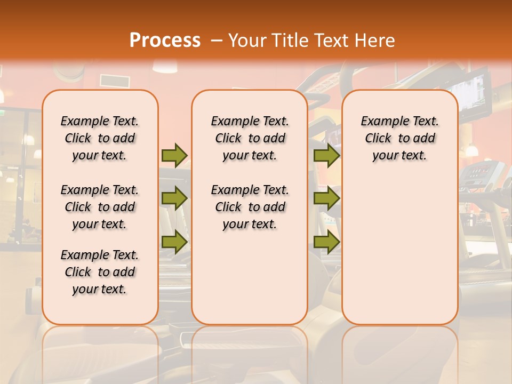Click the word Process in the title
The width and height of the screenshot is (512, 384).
coord(165,40)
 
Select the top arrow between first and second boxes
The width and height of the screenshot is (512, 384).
coord(174,155)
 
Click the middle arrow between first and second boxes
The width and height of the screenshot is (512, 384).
coord(174,198)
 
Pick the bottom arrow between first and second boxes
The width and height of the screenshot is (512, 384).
coord(174,242)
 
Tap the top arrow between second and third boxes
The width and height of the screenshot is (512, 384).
coord(326,155)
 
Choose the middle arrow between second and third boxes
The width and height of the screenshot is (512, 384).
coord(326,198)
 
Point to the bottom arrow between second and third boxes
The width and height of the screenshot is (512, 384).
coord(326,242)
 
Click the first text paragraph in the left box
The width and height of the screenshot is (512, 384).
coord(100,138)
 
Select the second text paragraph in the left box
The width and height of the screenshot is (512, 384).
coord(100,207)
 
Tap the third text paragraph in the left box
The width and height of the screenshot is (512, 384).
coord(100,272)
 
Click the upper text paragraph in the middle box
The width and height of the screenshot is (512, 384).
coord(250,138)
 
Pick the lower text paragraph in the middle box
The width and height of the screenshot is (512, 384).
coord(250,207)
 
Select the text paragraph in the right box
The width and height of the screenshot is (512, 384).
coord(399,138)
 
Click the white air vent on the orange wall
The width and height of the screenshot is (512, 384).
coord(114,81)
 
